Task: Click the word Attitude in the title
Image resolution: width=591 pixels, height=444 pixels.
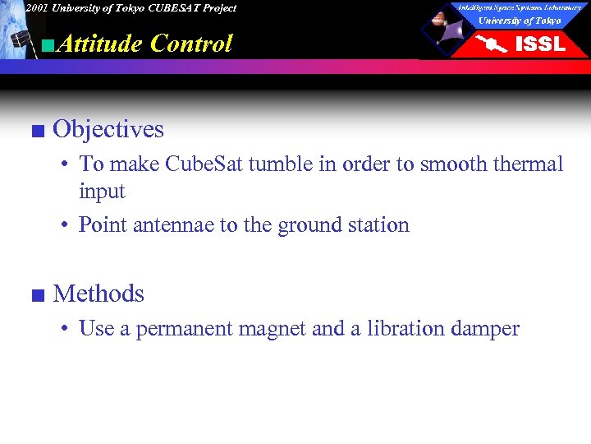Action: coord(101,44)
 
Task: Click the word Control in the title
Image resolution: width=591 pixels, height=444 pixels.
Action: coord(191,44)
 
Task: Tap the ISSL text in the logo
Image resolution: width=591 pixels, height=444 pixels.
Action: coord(539,44)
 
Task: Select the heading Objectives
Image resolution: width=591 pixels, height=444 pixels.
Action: coord(108,130)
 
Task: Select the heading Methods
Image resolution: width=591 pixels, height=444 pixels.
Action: coord(98,294)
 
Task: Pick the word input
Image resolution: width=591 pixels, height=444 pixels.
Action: coord(102,192)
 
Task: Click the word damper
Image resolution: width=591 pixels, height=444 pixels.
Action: coord(485,330)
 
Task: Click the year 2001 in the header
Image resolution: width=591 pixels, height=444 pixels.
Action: coord(35,8)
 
